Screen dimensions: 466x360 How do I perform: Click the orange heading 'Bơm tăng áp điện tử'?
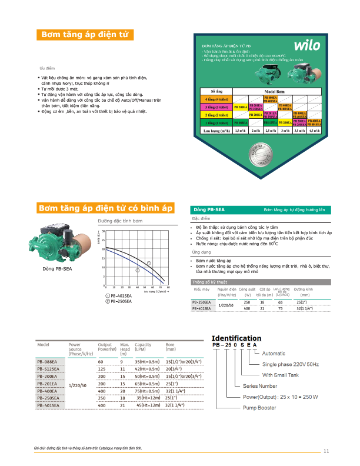[x=84, y=35]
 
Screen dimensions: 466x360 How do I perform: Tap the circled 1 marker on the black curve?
[x=149, y=263]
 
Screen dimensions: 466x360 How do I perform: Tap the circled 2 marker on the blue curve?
[x=138, y=271]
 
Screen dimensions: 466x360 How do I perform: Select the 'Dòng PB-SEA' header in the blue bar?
[x=213, y=209]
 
